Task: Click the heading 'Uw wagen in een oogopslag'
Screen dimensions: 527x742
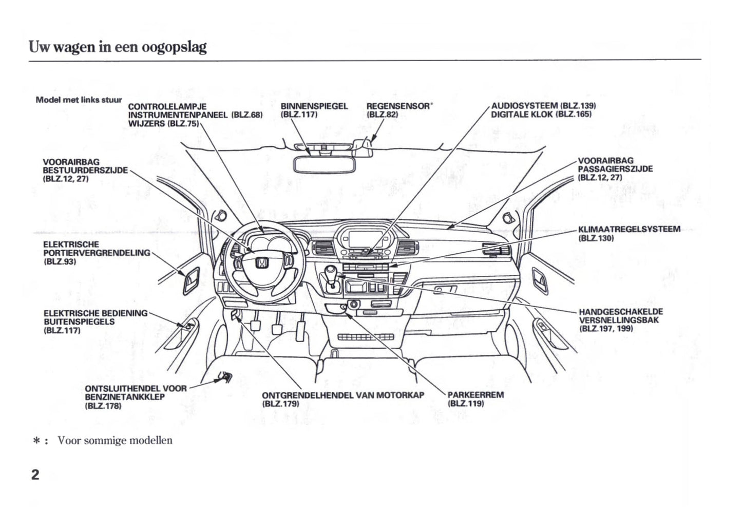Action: pyautogui.click(x=118, y=47)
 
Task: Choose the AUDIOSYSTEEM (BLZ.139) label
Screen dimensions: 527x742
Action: pyautogui.click(x=543, y=106)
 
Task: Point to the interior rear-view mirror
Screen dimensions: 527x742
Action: pyautogui.click(x=321, y=164)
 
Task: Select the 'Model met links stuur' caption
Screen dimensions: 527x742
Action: pyautogui.click(x=79, y=100)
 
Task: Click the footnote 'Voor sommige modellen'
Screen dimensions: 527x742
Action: pyautogui.click(x=115, y=440)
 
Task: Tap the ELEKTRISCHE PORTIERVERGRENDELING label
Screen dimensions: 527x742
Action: pyautogui.click(x=97, y=253)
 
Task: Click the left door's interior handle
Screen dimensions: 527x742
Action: pyautogui.click(x=191, y=279)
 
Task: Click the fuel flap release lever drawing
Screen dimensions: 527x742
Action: pyautogui.click(x=224, y=379)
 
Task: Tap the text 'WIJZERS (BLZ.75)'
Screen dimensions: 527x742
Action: pyautogui.click(x=163, y=124)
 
